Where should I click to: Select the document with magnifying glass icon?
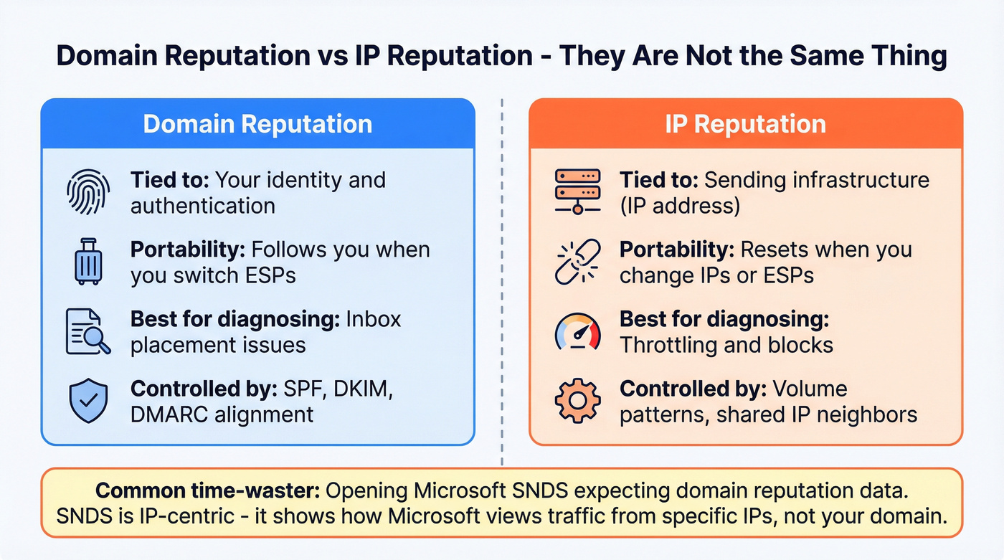coord(87,331)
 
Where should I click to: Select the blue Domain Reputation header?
coord(257,124)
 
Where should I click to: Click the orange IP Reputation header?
coord(745,124)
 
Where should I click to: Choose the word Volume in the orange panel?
coord(809,389)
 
